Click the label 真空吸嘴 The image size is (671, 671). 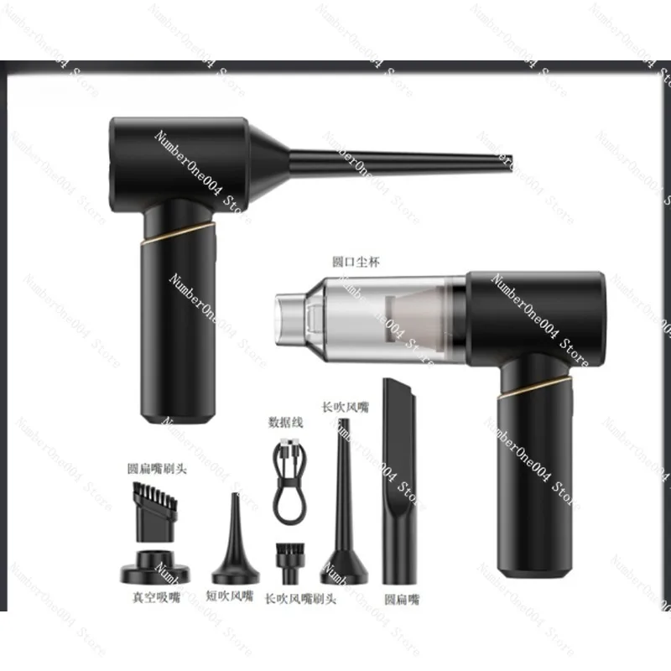pyautogui.click(x=156, y=598)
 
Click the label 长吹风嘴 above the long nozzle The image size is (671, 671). pyautogui.click(x=345, y=407)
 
